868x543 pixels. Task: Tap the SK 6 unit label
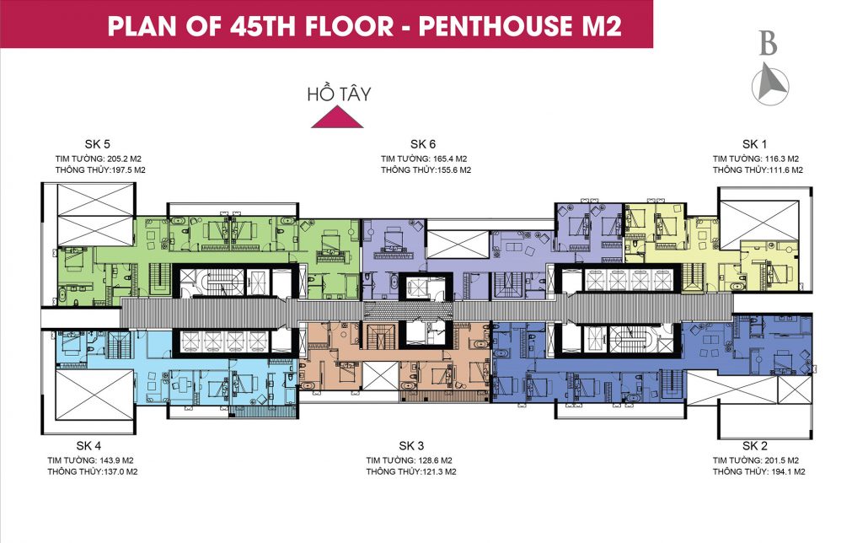(x=423, y=143)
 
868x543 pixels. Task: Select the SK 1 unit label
(x=755, y=143)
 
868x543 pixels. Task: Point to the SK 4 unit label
(x=88, y=445)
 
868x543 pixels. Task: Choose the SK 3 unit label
(x=411, y=445)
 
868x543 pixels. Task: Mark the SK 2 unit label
(x=755, y=445)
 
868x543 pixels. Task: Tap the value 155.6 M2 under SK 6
(x=448, y=169)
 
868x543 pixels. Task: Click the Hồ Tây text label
(x=339, y=94)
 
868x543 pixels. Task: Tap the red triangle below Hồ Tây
(x=337, y=119)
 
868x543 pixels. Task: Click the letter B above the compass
(x=767, y=44)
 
